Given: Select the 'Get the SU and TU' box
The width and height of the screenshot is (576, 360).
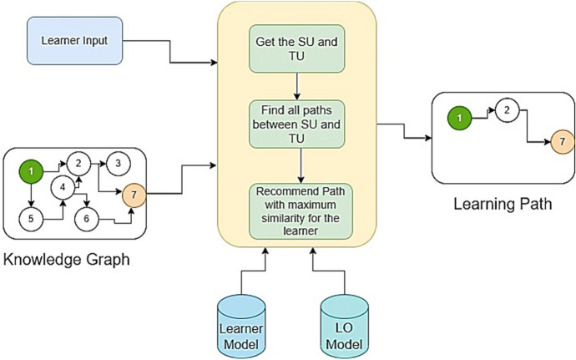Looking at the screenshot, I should tap(298, 49).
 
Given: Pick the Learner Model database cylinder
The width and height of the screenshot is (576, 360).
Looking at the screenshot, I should tap(241, 324).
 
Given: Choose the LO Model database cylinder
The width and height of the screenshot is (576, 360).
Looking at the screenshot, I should tap(345, 324).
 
